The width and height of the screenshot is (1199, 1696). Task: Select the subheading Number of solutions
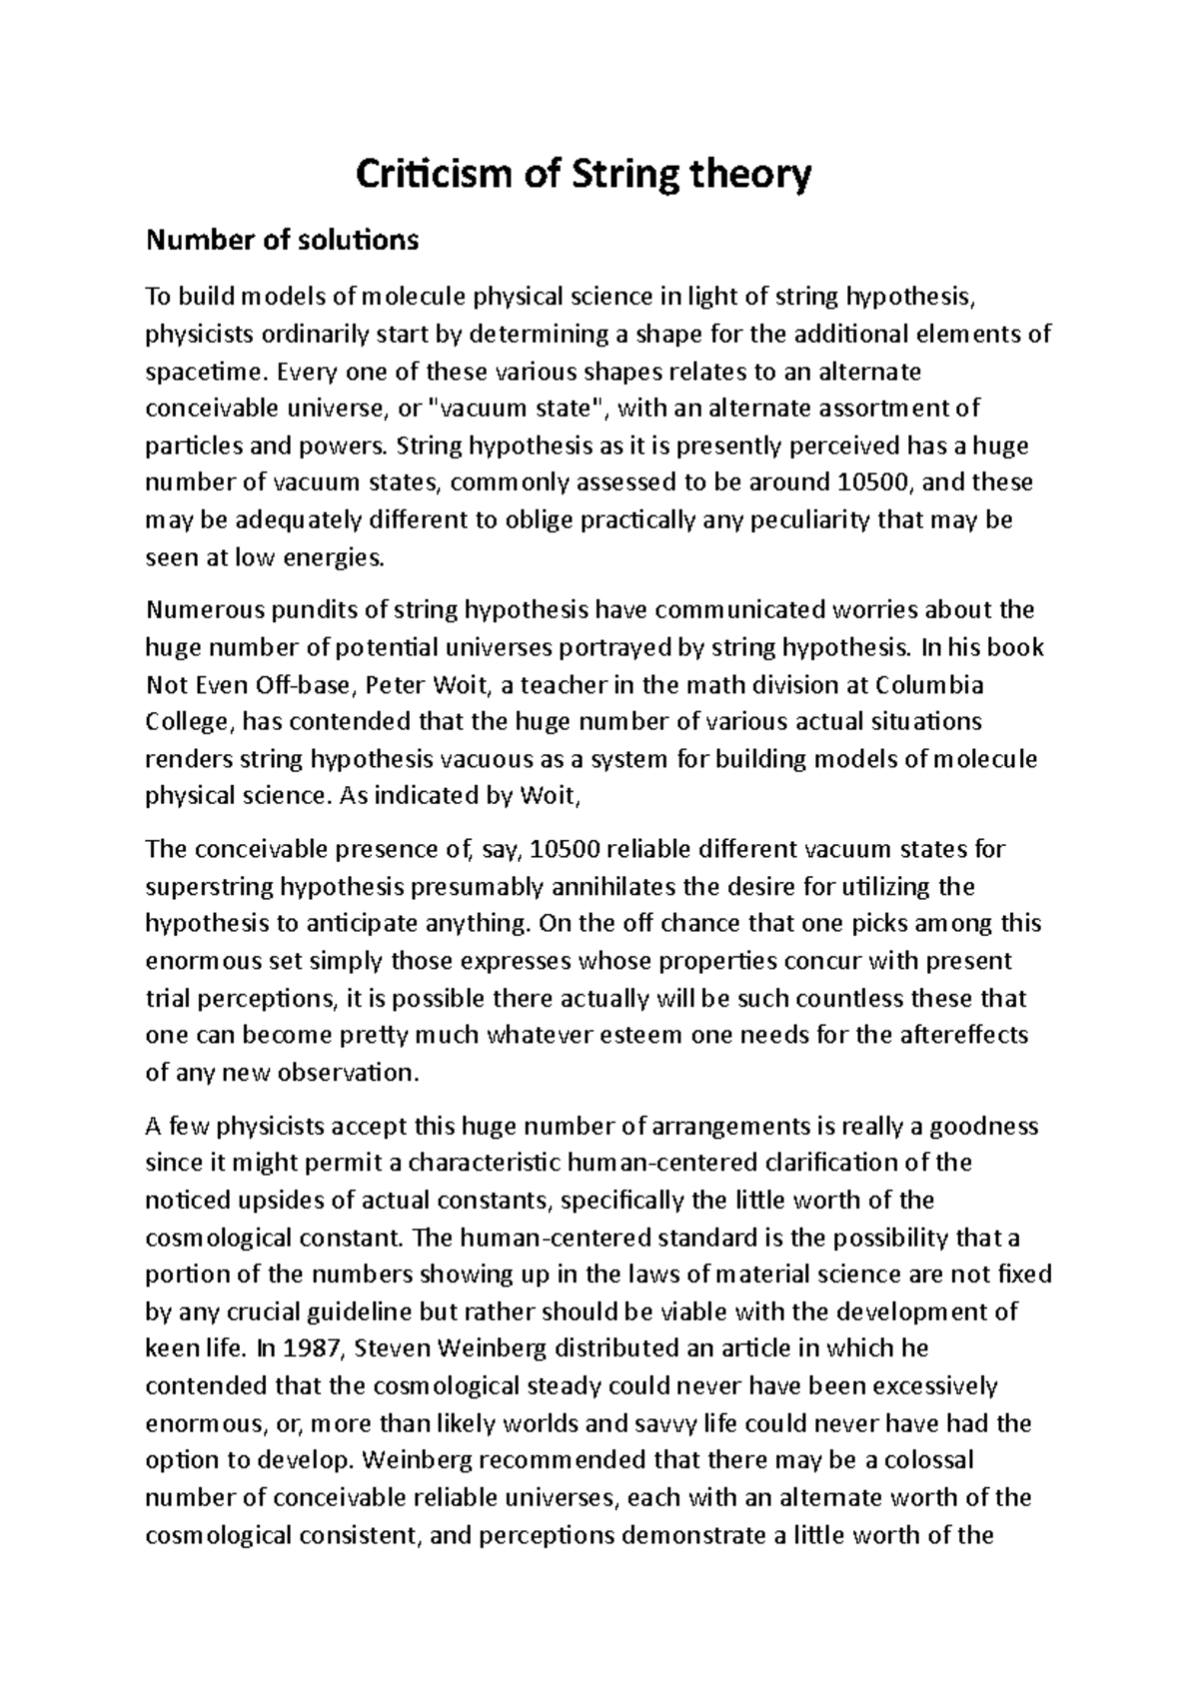(282, 240)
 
